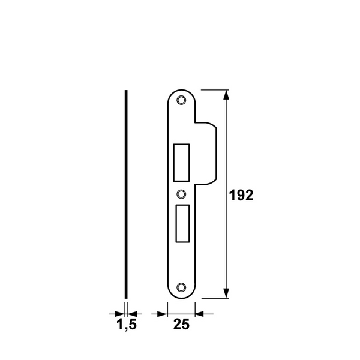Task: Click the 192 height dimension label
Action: click(241, 196)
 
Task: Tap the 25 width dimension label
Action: click(181, 325)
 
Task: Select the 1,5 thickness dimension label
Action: click(127, 325)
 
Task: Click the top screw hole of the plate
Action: click(181, 100)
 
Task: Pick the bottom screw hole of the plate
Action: click(181, 287)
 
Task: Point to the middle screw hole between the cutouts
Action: click(181, 194)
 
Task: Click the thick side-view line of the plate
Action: click(126, 194)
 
